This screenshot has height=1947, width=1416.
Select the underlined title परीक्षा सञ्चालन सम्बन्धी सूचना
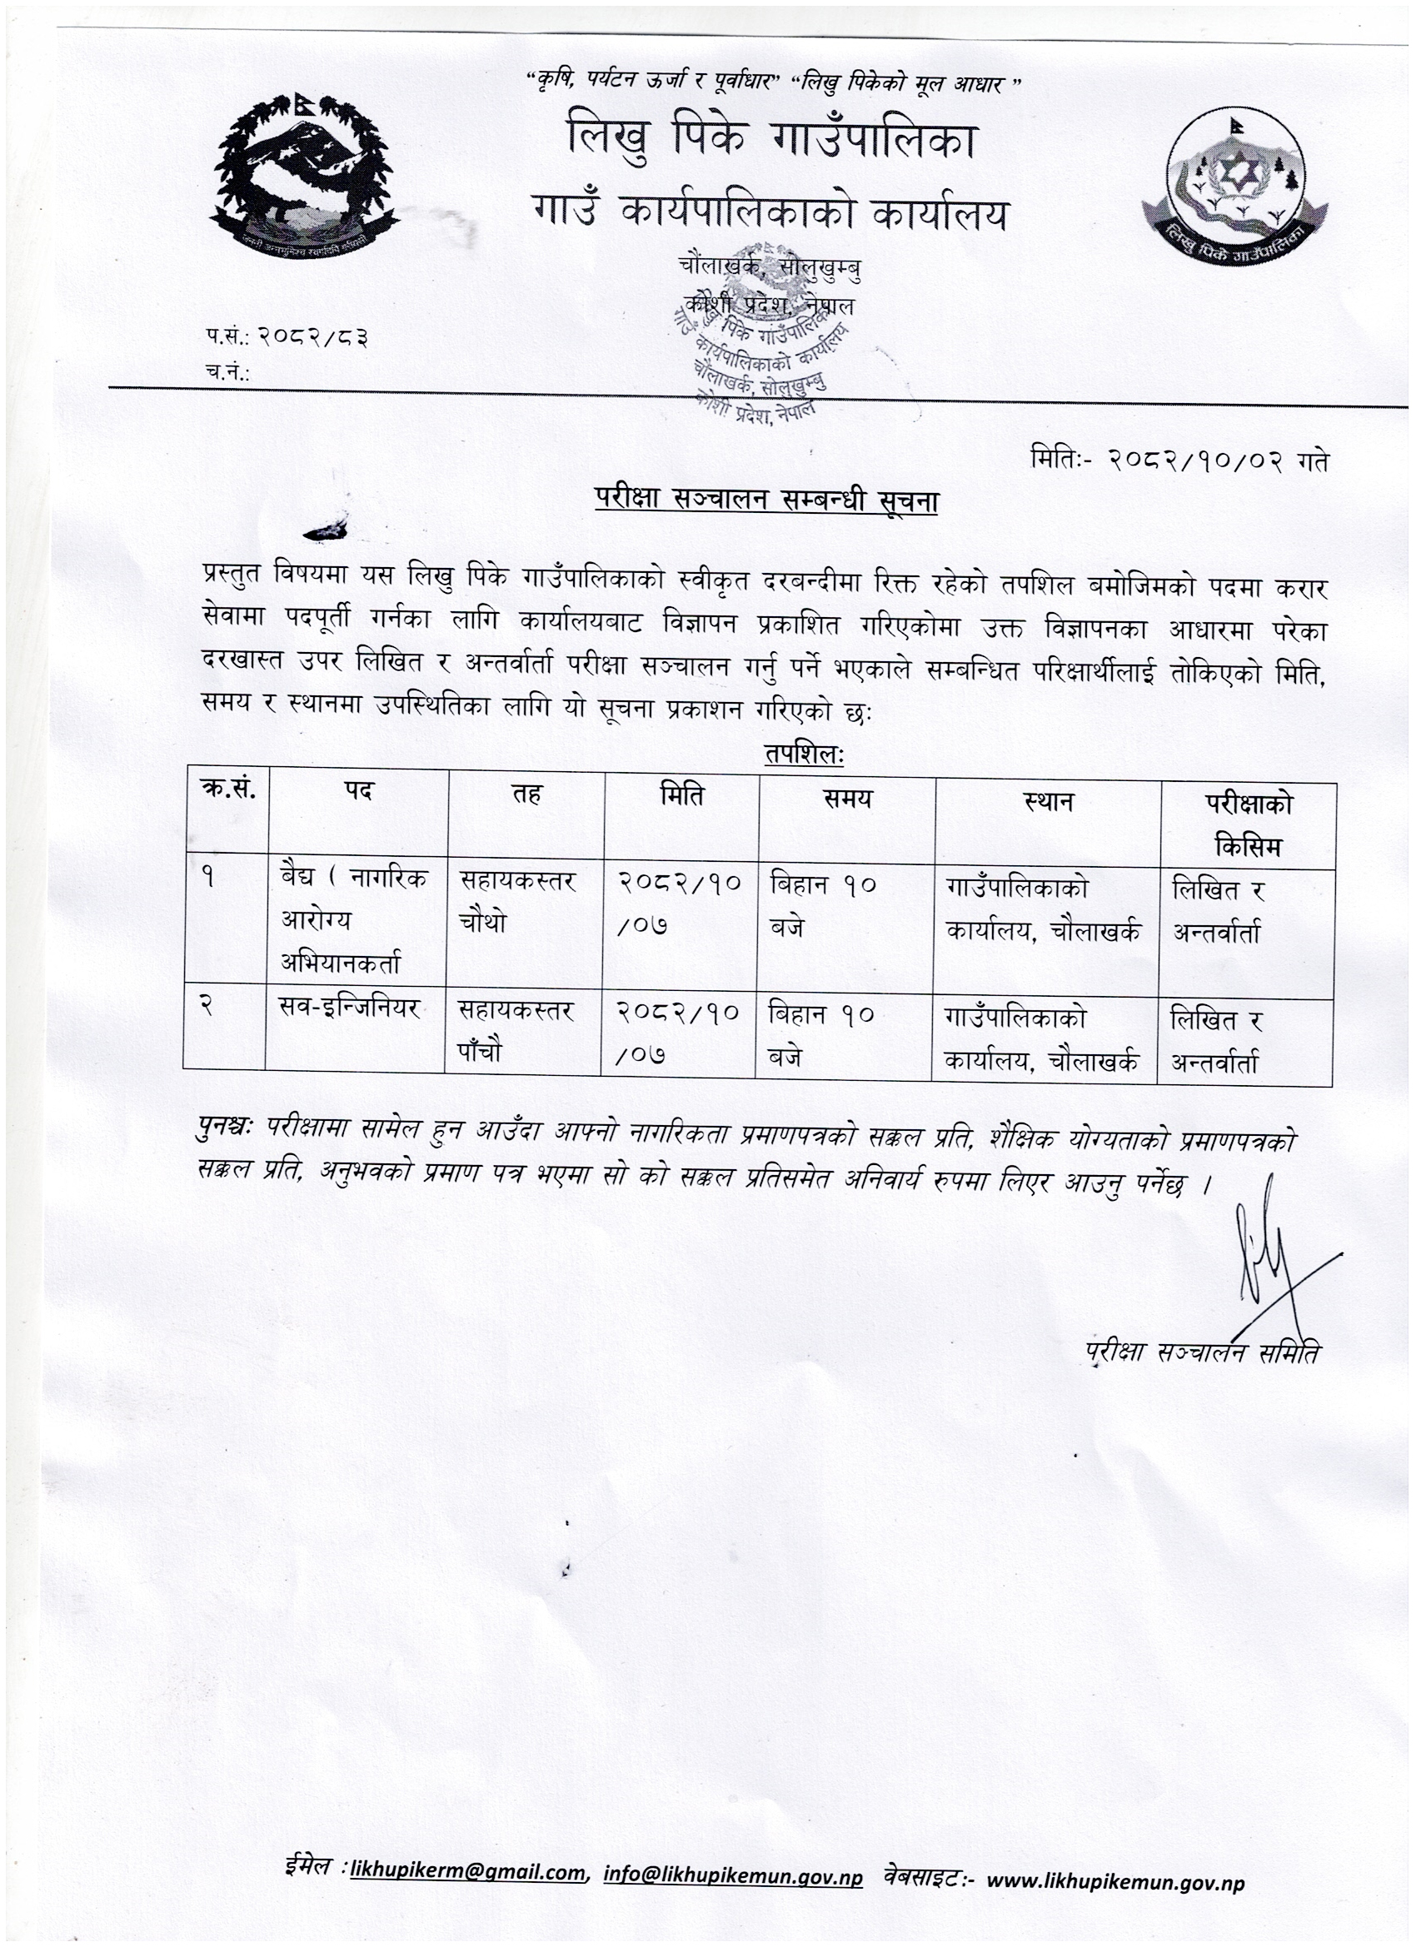tap(766, 500)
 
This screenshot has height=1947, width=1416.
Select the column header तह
tap(526, 795)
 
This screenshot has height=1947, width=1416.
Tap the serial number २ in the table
tap(207, 1008)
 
